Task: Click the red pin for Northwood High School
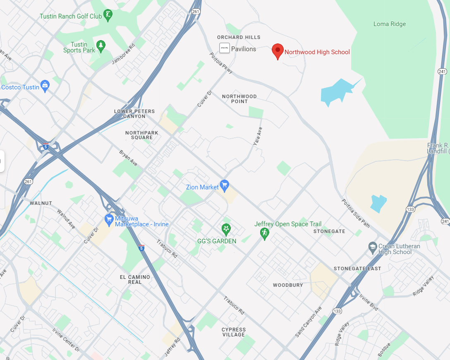click(x=278, y=50)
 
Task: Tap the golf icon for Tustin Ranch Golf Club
click(x=108, y=15)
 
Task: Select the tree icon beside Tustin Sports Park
click(x=101, y=45)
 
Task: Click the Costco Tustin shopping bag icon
click(x=45, y=86)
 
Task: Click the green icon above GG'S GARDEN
click(x=226, y=228)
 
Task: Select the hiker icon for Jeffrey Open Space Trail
click(x=264, y=233)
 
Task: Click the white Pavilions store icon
click(x=224, y=48)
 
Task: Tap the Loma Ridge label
click(x=390, y=24)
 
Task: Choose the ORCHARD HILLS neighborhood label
click(x=236, y=37)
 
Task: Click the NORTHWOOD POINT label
click(x=239, y=99)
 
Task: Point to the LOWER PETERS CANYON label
click(x=134, y=114)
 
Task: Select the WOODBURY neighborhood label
click(x=288, y=285)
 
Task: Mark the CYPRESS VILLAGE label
click(x=234, y=332)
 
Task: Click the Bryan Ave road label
click(x=128, y=158)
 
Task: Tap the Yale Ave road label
click(x=257, y=136)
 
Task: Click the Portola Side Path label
click(x=355, y=213)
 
